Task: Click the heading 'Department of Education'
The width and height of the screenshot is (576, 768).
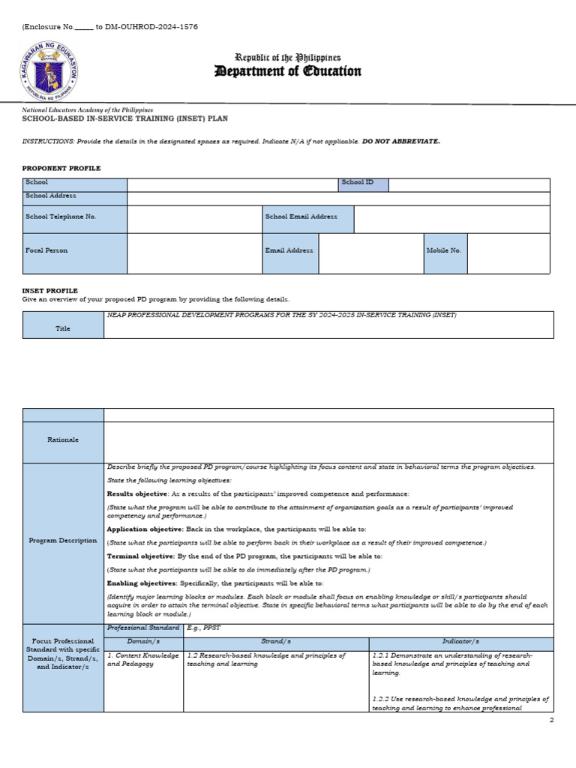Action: tap(288, 72)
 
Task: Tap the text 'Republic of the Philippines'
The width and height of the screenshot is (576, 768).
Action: tap(288, 58)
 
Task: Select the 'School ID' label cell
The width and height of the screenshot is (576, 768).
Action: tap(363, 184)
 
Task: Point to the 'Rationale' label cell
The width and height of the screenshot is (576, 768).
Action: tap(64, 440)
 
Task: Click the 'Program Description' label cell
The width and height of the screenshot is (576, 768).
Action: tap(64, 541)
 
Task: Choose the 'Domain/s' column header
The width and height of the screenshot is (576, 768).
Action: tap(143, 643)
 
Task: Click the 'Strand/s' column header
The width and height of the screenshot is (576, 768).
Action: tap(275, 643)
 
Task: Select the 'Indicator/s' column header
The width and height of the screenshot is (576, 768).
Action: tap(460, 643)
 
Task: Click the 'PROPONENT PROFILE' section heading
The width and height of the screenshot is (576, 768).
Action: tap(61, 168)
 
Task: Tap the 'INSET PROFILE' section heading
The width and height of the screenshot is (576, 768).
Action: tap(50, 290)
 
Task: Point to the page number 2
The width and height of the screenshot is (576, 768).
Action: tap(550, 720)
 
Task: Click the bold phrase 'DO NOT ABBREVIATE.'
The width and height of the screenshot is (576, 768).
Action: tap(401, 141)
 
